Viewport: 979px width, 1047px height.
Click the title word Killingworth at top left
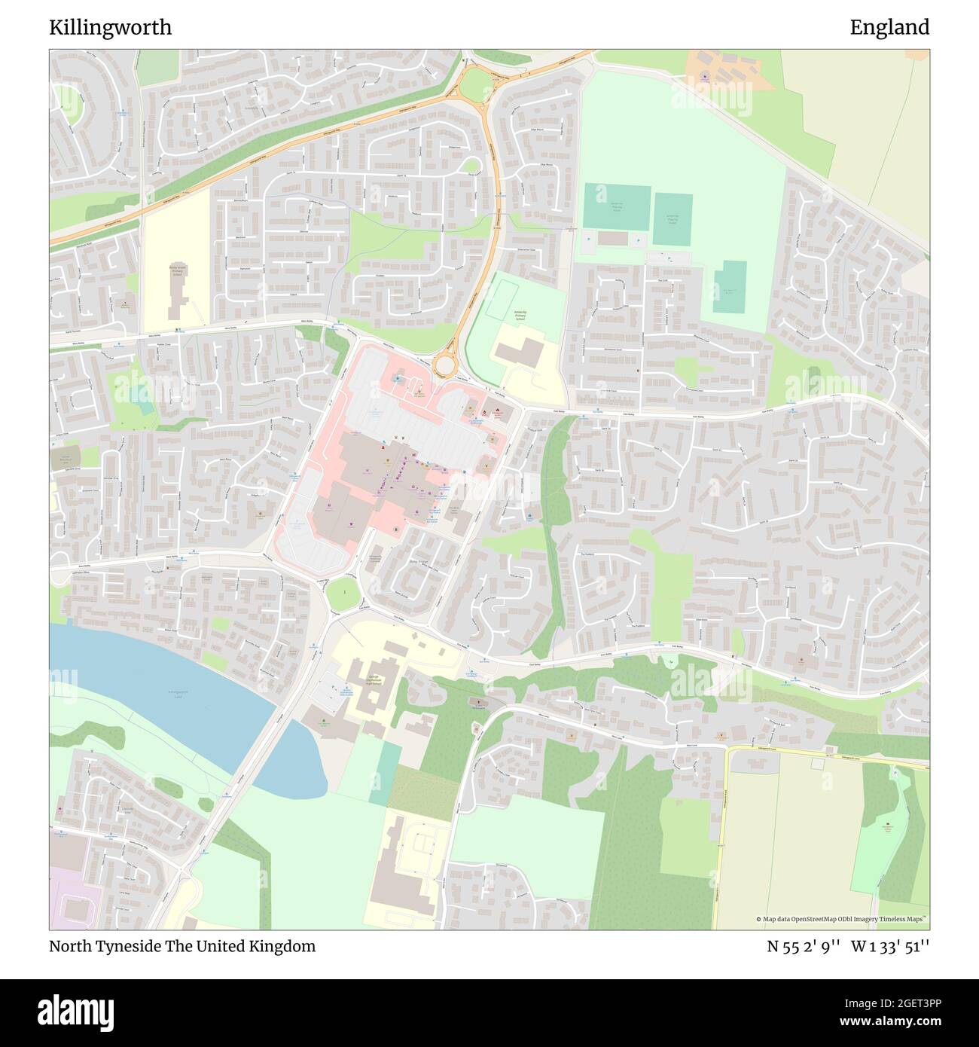click(110, 28)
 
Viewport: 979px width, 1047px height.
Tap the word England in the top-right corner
click(889, 28)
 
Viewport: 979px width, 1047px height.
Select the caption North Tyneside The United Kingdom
click(182, 946)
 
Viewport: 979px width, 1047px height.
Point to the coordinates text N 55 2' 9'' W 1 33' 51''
click(848, 946)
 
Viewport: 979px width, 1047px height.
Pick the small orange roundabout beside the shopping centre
click(445, 365)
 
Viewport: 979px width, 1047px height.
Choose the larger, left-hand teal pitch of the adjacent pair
click(617, 208)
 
